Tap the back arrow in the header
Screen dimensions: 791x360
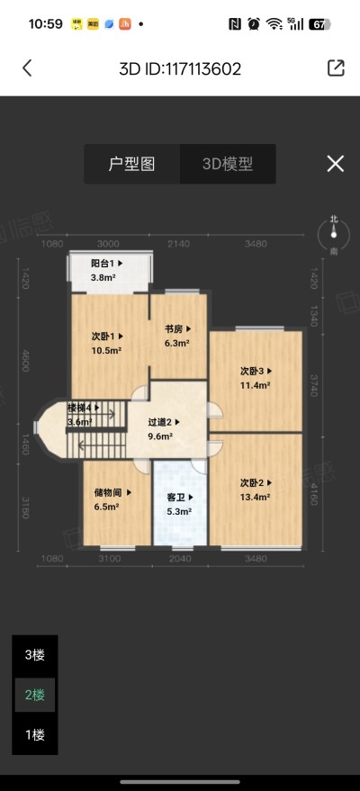(x=27, y=68)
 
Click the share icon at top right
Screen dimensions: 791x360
(x=335, y=68)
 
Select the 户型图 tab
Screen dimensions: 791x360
(x=132, y=164)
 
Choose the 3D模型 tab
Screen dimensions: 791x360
(x=227, y=164)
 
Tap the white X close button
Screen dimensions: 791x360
(x=335, y=163)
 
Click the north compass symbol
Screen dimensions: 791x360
(x=334, y=234)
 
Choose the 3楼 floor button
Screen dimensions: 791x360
(x=34, y=655)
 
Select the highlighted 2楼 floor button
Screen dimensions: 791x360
(x=34, y=695)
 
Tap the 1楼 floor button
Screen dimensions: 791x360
(x=34, y=734)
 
